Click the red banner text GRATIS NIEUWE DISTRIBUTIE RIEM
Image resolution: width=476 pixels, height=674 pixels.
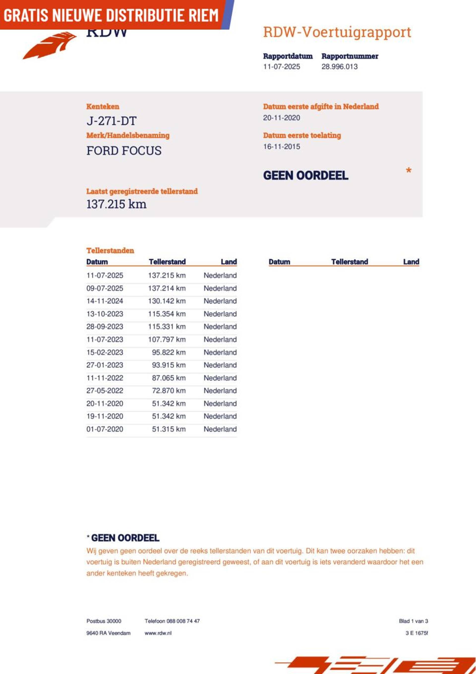111,15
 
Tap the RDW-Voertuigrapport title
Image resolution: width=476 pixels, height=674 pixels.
337,32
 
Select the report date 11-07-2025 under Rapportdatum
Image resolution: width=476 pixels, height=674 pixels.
281,67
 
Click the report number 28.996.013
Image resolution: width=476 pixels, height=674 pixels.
339,67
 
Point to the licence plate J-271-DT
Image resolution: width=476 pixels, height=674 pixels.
111,121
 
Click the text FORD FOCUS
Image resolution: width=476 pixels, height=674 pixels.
124,151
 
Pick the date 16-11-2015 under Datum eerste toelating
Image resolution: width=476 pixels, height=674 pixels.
281,147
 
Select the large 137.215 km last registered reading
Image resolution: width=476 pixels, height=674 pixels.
116,204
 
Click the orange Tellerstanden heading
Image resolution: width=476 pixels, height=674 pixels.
110,250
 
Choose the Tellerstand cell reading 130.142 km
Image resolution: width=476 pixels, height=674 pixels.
167,301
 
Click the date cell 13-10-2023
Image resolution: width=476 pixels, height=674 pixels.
105,314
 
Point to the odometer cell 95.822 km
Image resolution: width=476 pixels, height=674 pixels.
169,352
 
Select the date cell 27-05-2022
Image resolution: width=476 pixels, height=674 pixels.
105,391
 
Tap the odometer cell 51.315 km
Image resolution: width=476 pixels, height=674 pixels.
169,429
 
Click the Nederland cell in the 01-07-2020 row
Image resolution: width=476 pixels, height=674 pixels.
220,429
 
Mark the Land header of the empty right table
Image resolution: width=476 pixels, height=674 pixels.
411,262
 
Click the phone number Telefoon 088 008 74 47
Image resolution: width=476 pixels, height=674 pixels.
172,621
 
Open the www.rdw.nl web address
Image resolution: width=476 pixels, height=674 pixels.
158,633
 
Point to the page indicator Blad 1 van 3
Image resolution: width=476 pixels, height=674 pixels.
413,621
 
